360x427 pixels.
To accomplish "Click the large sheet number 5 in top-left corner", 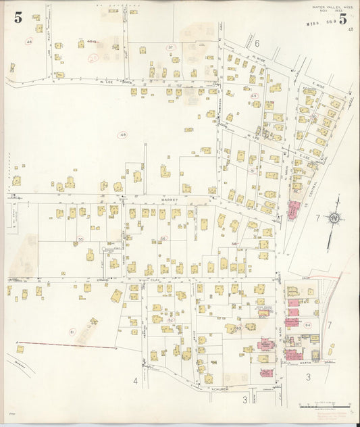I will click(x=18, y=18).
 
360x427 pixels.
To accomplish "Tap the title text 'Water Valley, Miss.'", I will click(x=328, y=7).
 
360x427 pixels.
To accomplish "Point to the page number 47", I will click(x=351, y=30).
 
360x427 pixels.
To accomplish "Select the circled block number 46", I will click(x=29, y=42).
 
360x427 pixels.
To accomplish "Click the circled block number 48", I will click(x=123, y=135).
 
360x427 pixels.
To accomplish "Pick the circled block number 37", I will click(x=171, y=47).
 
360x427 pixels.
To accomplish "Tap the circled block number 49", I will click(x=254, y=96).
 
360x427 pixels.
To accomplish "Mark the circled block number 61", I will click(x=72, y=332).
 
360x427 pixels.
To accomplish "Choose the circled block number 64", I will click(x=307, y=326).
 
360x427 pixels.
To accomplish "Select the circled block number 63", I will click(x=238, y=328).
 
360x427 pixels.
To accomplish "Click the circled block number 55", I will click(x=80, y=238).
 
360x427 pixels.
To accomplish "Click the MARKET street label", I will click(x=169, y=200).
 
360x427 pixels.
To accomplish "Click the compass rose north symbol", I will click(x=334, y=219).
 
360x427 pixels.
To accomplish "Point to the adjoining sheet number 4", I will click(x=135, y=381).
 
